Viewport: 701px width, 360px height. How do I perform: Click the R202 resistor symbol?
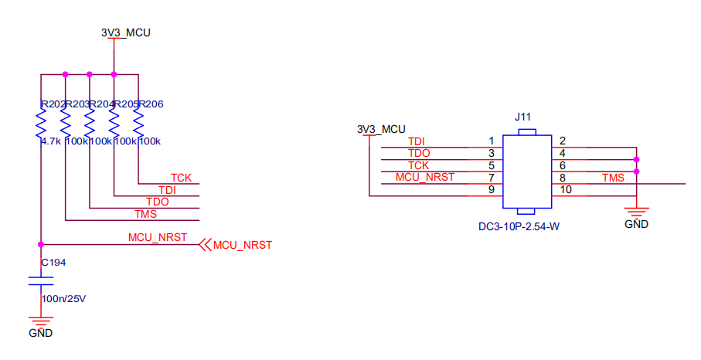pyautogui.click(x=41, y=123)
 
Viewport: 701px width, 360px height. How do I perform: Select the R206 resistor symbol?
pyautogui.click(x=138, y=123)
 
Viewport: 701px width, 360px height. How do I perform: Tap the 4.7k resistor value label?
pyautogui.click(x=50, y=141)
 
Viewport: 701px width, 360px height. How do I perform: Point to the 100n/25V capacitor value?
pyautogui.click(x=63, y=297)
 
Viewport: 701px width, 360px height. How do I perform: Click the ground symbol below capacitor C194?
pyautogui.click(x=41, y=321)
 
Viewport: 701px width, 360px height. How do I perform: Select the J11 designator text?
pyautogui.click(x=524, y=117)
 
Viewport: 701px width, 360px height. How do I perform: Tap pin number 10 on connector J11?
pyautogui.click(x=566, y=190)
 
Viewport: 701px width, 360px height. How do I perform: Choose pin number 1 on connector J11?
pyautogui.click(x=492, y=141)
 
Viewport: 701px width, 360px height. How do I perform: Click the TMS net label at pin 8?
pyautogui.click(x=614, y=178)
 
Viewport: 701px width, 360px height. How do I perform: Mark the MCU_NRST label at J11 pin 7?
pyautogui.click(x=425, y=177)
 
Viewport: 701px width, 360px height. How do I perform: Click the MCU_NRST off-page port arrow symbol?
pyautogui.click(x=205, y=245)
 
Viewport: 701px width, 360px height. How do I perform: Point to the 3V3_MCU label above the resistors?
pyautogui.click(x=125, y=33)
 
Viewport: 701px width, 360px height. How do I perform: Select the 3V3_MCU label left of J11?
pyautogui.click(x=381, y=128)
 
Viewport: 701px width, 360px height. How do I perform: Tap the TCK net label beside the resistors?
pyautogui.click(x=181, y=178)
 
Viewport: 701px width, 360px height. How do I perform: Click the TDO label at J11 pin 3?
pyautogui.click(x=418, y=153)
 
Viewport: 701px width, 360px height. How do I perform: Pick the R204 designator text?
pyautogui.click(x=102, y=104)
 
